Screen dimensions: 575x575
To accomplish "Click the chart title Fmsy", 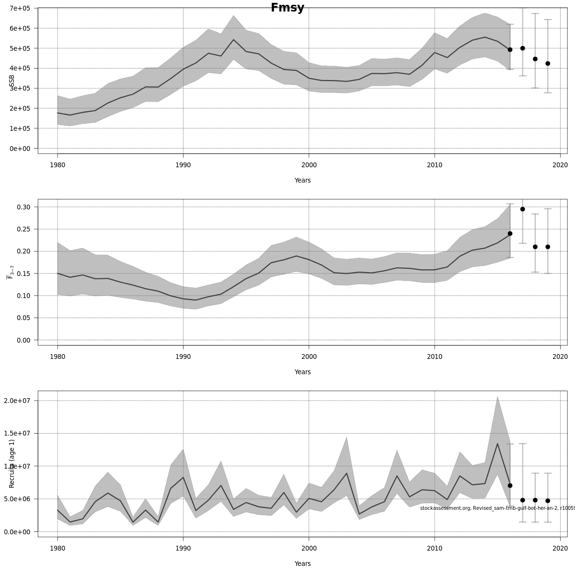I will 287,8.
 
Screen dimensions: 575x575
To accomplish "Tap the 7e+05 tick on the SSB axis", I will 20,8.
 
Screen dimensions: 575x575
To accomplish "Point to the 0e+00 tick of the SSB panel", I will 20,149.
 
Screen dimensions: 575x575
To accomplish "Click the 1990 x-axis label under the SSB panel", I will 183,165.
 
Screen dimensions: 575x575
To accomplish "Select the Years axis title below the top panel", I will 302,181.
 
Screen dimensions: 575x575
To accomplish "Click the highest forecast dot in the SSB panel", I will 522,48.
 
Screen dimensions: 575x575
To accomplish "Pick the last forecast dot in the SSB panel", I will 548,63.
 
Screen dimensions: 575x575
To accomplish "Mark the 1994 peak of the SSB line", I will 233,40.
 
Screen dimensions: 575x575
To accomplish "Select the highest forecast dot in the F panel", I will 522,209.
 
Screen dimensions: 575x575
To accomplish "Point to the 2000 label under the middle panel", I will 309,357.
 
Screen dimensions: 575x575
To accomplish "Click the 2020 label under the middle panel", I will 560,357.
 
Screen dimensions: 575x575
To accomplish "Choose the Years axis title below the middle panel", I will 302,372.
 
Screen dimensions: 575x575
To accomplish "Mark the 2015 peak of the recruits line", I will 497,444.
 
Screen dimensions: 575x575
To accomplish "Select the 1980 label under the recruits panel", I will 57,549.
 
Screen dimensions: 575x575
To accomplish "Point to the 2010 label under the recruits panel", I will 435,549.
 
